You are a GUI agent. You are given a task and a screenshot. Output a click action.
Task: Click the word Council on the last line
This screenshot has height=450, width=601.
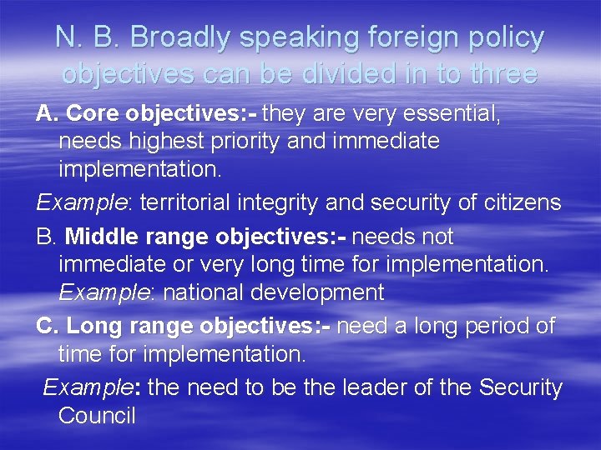pos(97,416)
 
